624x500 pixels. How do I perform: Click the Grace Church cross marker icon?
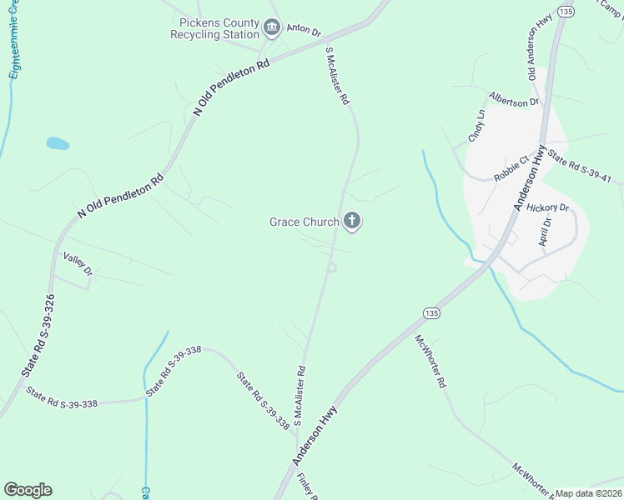pos(352,222)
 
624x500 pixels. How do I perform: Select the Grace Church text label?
pos(304,222)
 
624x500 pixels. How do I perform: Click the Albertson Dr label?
pos(515,101)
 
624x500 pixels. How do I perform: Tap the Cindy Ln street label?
pos(476,127)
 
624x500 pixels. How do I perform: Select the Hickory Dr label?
pos(548,207)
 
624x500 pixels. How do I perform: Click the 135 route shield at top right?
pos(567,11)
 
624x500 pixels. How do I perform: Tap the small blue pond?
pos(58,143)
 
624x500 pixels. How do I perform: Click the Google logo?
pos(28,490)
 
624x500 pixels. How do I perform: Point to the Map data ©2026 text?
pos(589,493)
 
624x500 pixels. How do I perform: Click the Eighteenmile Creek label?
pos(14,50)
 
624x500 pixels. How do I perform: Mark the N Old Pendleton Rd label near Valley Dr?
pos(121,197)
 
